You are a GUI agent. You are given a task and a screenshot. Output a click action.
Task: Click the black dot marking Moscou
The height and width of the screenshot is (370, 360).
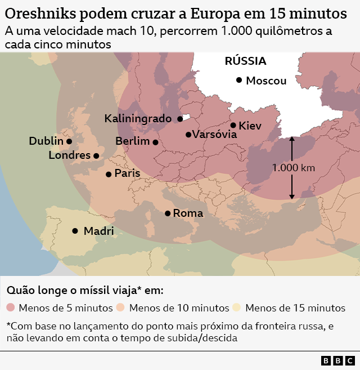[239, 81]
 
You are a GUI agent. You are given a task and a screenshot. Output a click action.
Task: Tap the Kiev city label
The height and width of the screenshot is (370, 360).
[250, 126]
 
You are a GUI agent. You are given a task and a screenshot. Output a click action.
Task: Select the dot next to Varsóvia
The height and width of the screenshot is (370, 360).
[188, 135]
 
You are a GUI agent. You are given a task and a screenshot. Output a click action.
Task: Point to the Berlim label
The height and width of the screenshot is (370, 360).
[132, 141]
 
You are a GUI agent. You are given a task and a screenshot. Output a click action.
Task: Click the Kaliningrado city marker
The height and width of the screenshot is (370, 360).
[180, 119]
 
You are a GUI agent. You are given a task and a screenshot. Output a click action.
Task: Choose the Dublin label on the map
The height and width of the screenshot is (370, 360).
[46, 141]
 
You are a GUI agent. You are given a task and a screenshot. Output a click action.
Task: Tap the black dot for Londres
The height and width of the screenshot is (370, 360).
[96, 156]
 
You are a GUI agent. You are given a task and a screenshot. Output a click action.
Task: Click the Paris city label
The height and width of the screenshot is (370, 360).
[127, 173]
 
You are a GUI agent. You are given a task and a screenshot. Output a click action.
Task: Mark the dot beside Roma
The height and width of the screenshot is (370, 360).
[168, 213]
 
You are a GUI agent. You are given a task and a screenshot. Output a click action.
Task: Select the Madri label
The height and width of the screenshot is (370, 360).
[98, 231]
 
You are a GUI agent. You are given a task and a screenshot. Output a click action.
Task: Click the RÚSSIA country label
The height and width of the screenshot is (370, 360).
[245, 61]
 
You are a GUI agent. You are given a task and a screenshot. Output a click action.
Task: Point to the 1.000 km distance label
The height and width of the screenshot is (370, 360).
[293, 167]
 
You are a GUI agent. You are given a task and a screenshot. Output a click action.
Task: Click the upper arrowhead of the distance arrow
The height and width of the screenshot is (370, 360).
[292, 140]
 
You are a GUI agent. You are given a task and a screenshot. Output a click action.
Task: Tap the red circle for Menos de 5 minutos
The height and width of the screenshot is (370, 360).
[11, 308]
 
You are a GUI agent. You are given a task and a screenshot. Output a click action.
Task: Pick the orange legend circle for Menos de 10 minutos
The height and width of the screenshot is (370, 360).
[121, 308]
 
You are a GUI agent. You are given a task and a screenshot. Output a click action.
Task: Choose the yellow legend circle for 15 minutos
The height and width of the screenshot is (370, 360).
[237, 308]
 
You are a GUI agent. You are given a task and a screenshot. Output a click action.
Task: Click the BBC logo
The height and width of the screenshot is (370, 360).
[338, 360]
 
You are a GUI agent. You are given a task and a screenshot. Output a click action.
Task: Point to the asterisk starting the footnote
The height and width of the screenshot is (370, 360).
[8, 325]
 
